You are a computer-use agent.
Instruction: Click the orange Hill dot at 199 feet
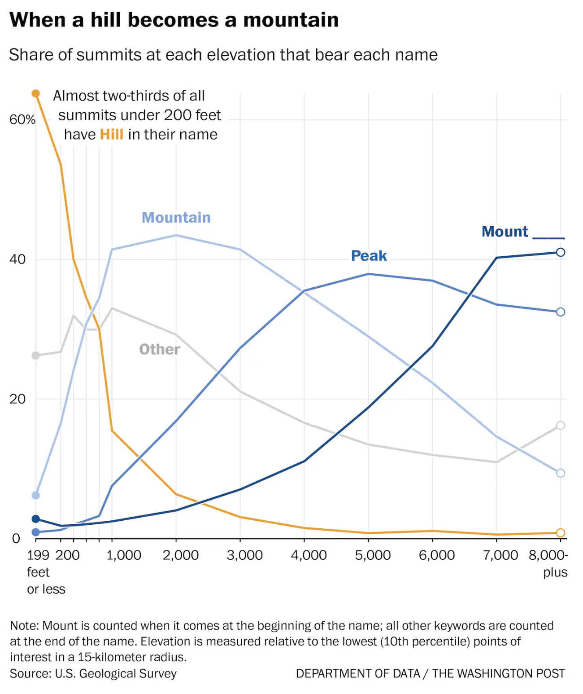(36, 93)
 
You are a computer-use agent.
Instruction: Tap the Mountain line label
(176, 217)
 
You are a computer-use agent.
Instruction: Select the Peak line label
(369, 255)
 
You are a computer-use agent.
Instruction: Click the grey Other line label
(160, 349)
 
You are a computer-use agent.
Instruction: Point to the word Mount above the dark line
(505, 232)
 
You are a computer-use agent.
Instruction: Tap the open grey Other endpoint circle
(560, 425)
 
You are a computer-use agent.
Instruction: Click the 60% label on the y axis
(22, 119)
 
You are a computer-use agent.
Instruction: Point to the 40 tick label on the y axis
(17, 259)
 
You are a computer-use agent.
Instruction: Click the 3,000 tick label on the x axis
(245, 555)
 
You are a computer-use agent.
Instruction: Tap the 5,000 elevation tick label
(373, 555)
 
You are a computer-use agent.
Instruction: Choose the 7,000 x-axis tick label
(500, 555)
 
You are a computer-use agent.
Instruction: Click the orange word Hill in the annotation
(112, 134)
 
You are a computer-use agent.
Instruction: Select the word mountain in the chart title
(291, 20)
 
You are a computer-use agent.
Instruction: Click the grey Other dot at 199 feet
(36, 356)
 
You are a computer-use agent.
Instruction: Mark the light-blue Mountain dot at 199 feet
(36, 495)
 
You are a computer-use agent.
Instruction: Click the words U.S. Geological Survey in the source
(116, 673)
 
